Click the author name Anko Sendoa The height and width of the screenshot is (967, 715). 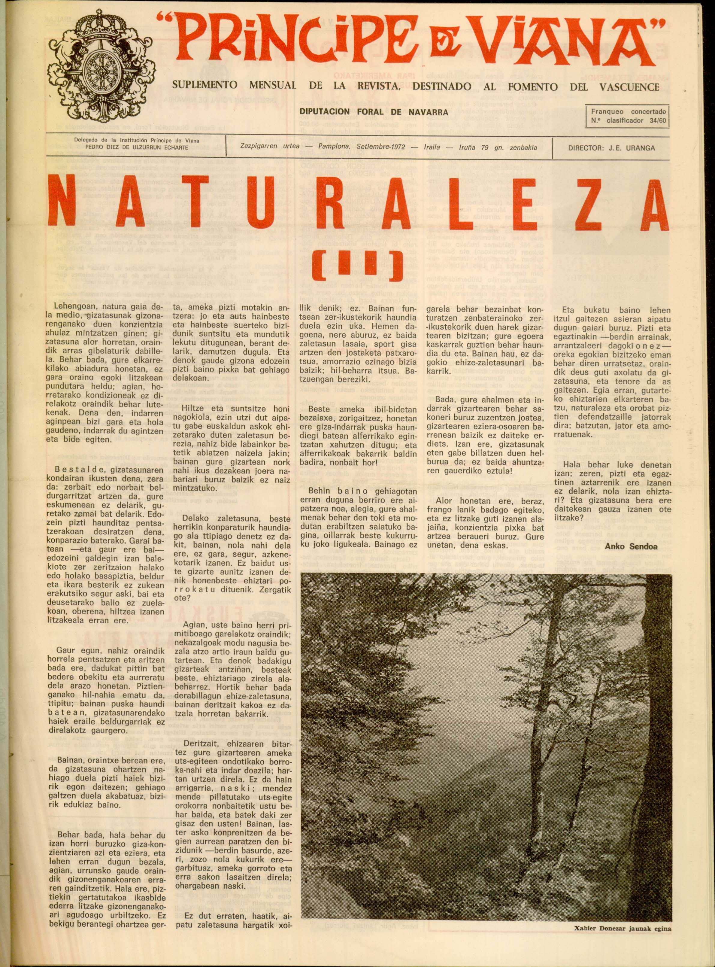tap(631, 546)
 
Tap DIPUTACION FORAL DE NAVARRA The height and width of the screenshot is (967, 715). tap(374, 112)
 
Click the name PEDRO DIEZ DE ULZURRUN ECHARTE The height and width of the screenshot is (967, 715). tap(136, 147)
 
